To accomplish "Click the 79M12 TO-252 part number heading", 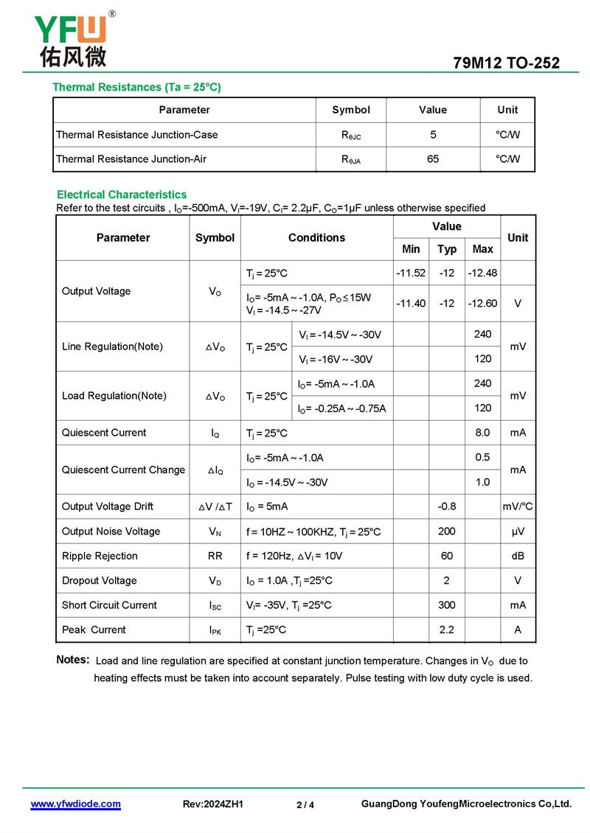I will tap(506, 63).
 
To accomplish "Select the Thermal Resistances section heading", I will tap(136, 87).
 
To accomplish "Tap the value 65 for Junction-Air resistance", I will tap(433, 158).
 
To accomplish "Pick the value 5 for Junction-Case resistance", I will tap(433, 134).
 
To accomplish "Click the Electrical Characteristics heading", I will tap(122, 195).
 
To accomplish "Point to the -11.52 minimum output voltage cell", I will tap(411, 273).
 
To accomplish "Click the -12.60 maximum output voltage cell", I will tap(482, 303).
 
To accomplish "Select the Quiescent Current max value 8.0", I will tap(482, 433).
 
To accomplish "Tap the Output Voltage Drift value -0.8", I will tap(447, 506).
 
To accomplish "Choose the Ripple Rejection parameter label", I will tap(100, 556).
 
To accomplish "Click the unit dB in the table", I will tap(518, 556).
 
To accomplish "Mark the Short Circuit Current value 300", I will tap(447, 605).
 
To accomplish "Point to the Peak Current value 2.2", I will tap(447, 630).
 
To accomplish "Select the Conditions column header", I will tap(316, 237).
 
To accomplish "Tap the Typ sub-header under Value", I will tap(447, 249).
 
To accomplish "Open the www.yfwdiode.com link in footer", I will tap(75, 804).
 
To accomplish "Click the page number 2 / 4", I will tap(305, 805).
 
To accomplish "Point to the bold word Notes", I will tap(73, 660).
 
